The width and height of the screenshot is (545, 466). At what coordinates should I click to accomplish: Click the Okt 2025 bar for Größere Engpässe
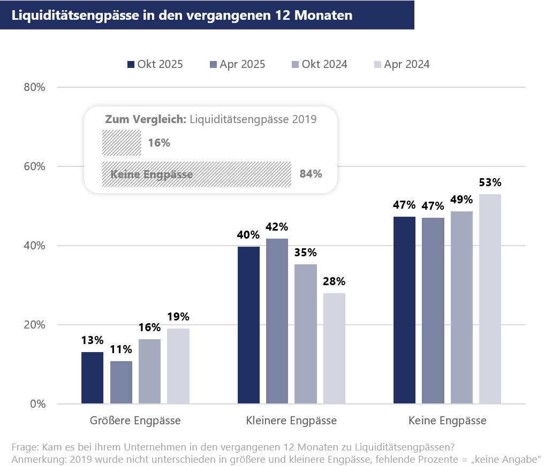click(x=92, y=378)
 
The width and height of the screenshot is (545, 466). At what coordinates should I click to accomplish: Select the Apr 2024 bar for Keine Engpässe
click(x=490, y=299)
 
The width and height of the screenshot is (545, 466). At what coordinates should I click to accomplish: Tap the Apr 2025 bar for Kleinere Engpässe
click(x=277, y=321)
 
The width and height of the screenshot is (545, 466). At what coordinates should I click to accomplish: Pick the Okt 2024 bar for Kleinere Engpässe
click(x=306, y=334)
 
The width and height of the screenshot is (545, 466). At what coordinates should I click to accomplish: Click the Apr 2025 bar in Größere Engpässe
click(x=121, y=383)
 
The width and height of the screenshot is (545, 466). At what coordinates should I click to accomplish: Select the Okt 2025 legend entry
click(x=155, y=64)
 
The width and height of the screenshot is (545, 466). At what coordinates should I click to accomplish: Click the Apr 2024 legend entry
click(x=401, y=64)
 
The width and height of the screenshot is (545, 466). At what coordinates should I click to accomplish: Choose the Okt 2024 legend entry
click(x=319, y=64)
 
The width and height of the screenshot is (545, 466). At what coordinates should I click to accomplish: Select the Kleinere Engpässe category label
click(x=291, y=421)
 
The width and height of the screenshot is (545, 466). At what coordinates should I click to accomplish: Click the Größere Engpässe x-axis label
click(x=135, y=421)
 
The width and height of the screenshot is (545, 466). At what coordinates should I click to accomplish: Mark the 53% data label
click(x=490, y=182)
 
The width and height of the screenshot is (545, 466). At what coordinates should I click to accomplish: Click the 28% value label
click(x=334, y=281)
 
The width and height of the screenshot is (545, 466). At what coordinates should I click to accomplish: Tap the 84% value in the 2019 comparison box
click(x=311, y=174)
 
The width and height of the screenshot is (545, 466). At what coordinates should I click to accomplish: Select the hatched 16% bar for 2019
click(x=122, y=143)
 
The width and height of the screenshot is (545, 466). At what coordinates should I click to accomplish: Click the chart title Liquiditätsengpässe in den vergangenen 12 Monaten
click(x=182, y=15)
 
